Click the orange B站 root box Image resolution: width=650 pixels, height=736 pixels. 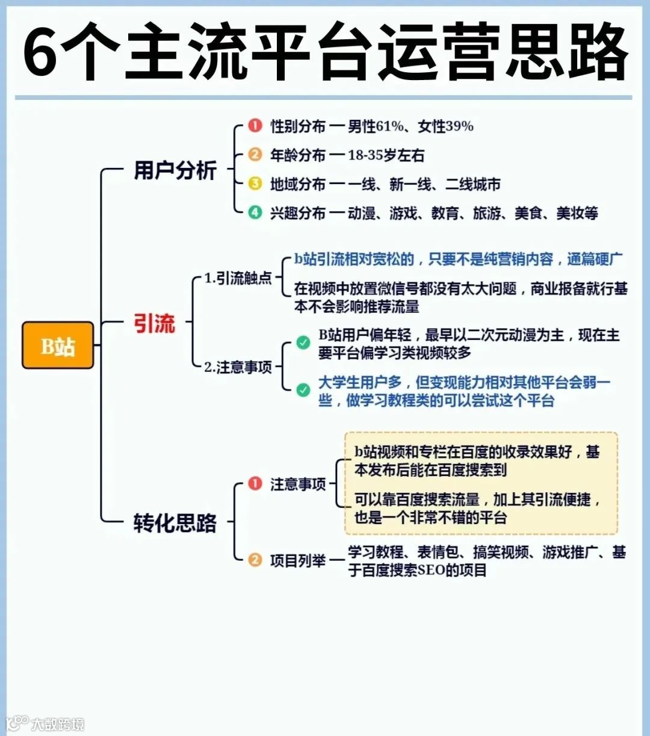[x=58, y=345]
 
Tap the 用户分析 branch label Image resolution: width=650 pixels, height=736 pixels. [x=175, y=170]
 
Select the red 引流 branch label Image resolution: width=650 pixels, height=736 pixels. [x=154, y=324]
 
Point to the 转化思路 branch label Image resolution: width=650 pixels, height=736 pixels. [x=175, y=522]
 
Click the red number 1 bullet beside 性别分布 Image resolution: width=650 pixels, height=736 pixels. [x=255, y=126]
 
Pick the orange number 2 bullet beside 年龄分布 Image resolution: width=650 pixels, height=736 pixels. [x=255, y=155]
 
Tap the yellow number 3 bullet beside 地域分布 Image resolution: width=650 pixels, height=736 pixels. [x=255, y=184]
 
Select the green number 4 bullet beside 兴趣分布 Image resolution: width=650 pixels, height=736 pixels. [x=255, y=212]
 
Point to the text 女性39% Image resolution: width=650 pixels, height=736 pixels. [x=446, y=126]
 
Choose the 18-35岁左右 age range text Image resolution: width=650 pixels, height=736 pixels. [x=386, y=155]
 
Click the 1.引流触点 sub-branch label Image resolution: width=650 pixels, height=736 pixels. [x=238, y=278]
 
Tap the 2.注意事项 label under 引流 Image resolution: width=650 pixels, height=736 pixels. [x=238, y=366]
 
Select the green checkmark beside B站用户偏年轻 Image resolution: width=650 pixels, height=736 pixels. [x=303, y=343]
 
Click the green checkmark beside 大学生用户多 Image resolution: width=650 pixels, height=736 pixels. [x=303, y=390]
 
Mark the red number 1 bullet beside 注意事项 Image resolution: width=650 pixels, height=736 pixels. [x=255, y=484]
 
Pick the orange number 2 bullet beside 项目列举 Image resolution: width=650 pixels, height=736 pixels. [x=255, y=560]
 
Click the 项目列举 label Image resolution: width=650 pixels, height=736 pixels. [x=297, y=561]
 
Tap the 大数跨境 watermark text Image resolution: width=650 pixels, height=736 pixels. [x=58, y=724]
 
